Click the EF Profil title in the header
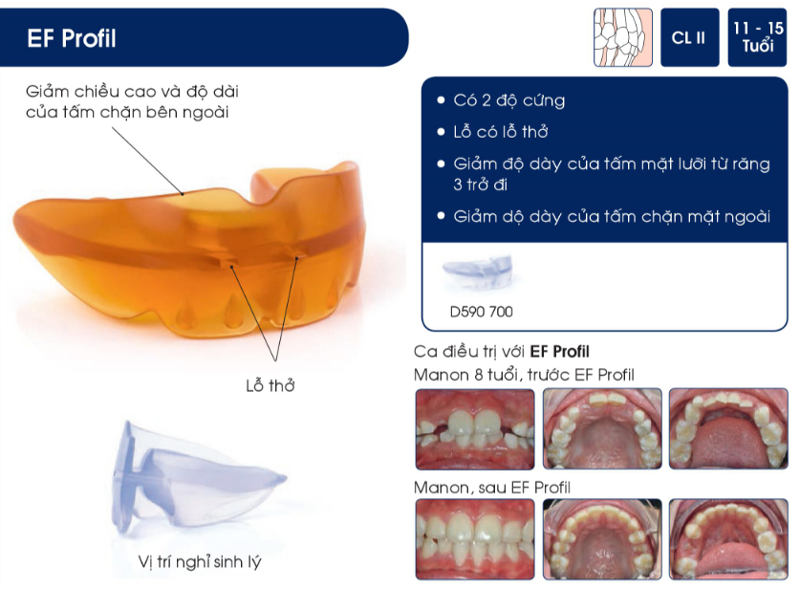coord(73,39)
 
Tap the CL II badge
coord(688,38)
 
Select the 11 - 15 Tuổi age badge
coord(758,37)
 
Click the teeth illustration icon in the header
coord(622,38)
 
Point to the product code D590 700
coord(480,312)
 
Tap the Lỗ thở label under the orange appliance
coord(270,385)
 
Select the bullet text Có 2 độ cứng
coord(508,100)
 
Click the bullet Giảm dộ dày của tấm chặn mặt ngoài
coord(611,216)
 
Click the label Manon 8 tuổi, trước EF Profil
coord(524,374)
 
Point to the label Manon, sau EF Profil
coord(491,488)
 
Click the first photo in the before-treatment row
coord(474,429)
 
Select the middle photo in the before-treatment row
coord(601,429)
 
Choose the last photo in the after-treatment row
coord(727,540)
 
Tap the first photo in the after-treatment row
coord(474,540)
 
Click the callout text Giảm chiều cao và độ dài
coord(133,92)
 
